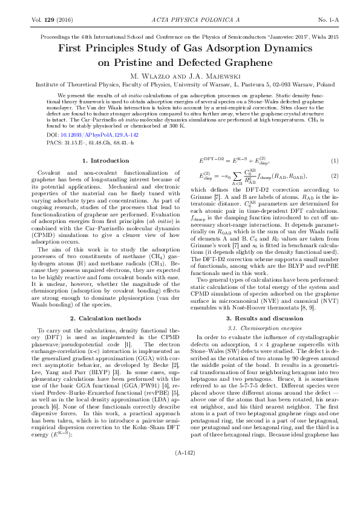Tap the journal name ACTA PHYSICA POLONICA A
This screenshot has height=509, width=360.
coord(180,20)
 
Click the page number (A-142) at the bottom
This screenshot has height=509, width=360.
coord(180,485)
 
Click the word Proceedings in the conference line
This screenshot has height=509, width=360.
coord(40,37)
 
